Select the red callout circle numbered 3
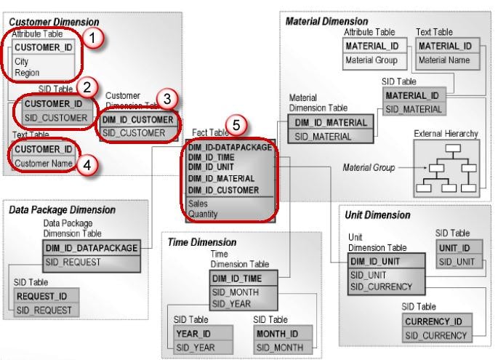pyautogui.click(x=166, y=99)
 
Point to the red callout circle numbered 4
pyautogui.click(x=87, y=165)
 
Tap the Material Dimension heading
pyautogui.click(x=326, y=22)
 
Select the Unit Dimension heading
pyautogui.click(x=379, y=215)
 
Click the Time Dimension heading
pyautogui.click(x=202, y=242)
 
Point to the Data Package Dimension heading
pyautogui.click(x=63, y=210)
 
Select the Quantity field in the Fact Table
pyautogui.click(x=204, y=215)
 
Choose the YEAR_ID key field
pyautogui.click(x=194, y=333)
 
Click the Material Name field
pyautogui.click(x=443, y=60)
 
